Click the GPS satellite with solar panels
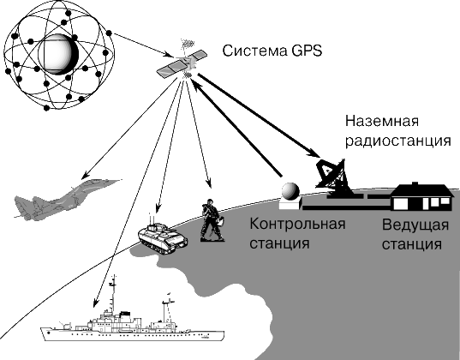coord(182,63)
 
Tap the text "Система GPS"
coord(272,51)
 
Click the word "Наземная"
coord(382,121)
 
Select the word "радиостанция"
coord(397,141)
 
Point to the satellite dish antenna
coord(333,177)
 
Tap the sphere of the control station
coord(290,191)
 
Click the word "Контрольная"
coord(297,224)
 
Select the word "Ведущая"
coord(415,225)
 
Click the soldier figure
coord(212,220)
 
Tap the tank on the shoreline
coord(162,238)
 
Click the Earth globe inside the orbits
coord(58,54)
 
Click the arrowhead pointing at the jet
coord(85,176)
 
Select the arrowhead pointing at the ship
coord(95,303)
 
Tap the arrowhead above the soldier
coord(209,183)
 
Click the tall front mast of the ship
coord(113,294)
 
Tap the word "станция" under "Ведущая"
coord(412,244)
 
